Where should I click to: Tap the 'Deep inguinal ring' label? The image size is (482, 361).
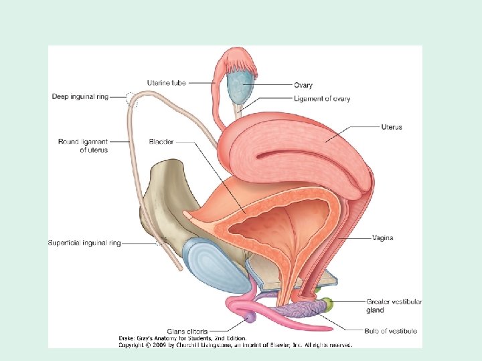click(79, 97)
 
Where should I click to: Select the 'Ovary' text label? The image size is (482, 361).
click(303, 86)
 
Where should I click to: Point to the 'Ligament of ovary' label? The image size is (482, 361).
click(321, 99)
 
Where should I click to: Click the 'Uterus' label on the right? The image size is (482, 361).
click(391, 127)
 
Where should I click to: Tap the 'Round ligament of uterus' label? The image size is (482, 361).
click(83, 146)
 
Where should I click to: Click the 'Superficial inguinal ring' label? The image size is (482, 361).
click(84, 243)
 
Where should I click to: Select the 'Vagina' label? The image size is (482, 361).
click(382, 238)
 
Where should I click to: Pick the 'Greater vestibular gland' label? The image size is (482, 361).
click(394, 306)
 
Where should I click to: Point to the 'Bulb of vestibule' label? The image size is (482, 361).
click(390, 331)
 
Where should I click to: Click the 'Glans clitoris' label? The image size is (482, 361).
click(188, 331)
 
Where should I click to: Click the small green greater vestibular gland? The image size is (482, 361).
click(327, 306)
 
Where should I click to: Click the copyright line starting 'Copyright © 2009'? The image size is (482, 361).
click(235, 345)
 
